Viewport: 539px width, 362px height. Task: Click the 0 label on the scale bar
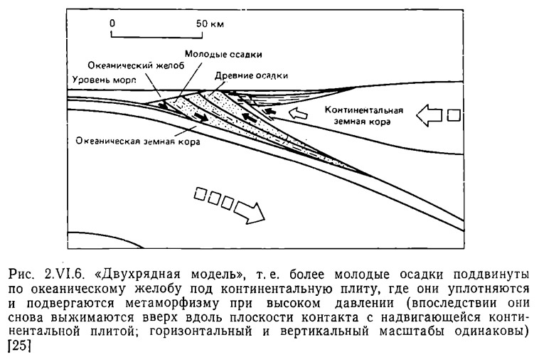[112, 23]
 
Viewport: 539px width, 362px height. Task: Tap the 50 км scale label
[210, 23]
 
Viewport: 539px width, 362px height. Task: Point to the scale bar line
[156, 35]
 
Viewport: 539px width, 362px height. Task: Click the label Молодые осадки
[223, 54]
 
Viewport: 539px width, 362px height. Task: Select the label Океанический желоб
[136, 65]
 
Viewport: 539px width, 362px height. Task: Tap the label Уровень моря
[104, 80]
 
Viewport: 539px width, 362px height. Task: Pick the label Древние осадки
[251, 75]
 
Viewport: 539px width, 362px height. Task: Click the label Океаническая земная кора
[138, 142]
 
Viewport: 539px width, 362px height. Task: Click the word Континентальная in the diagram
[363, 110]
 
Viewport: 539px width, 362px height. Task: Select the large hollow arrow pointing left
[429, 115]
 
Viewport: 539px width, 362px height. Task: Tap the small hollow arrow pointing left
[298, 113]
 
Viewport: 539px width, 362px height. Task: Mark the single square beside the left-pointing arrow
[454, 115]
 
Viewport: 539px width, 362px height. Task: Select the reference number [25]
[19, 346]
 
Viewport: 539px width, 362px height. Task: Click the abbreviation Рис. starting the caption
[21, 275]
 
